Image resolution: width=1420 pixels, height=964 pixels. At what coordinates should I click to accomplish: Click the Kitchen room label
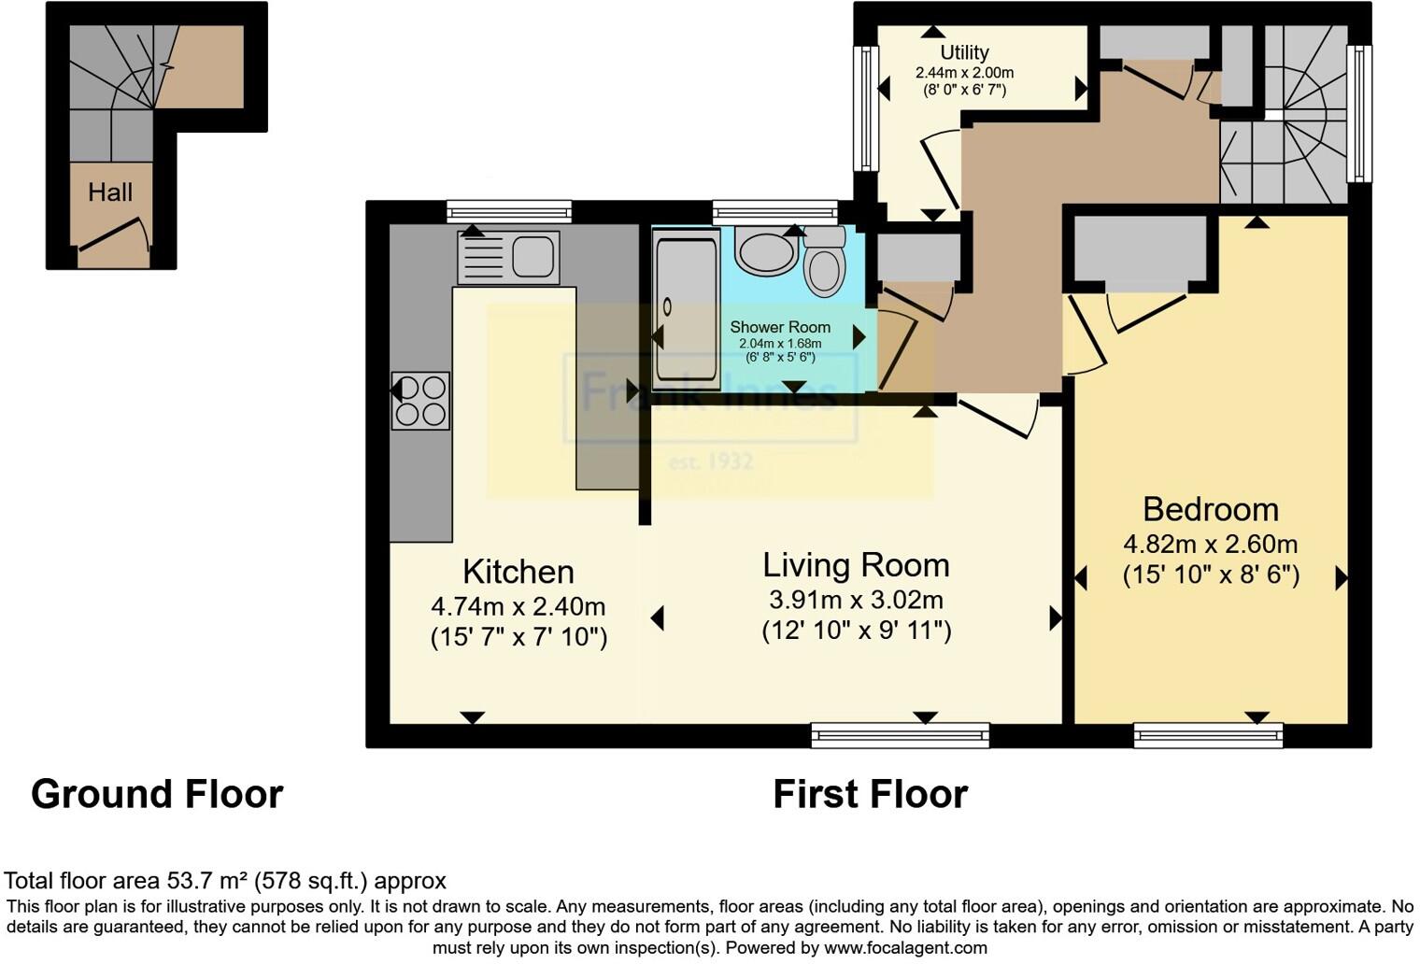click(518, 572)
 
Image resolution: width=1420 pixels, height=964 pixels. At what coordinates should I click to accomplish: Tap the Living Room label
click(856, 565)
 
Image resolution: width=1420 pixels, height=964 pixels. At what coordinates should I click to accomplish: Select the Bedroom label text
click(1211, 509)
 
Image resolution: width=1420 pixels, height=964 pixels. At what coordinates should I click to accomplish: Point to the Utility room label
click(964, 52)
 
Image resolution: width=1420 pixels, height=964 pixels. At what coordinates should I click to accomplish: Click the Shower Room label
click(780, 327)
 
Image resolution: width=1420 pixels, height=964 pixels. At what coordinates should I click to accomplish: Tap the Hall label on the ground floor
click(110, 192)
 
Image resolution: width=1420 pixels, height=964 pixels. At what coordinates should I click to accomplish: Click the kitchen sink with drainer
click(508, 257)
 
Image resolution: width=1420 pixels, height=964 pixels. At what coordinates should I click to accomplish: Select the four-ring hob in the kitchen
click(420, 401)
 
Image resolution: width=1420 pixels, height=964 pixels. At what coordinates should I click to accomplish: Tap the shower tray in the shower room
click(687, 309)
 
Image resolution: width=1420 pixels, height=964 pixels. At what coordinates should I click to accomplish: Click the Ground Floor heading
click(157, 794)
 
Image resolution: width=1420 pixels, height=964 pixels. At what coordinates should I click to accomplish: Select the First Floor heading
click(870, 794)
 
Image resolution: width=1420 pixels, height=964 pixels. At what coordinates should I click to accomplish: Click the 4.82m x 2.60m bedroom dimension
click(1211, 544)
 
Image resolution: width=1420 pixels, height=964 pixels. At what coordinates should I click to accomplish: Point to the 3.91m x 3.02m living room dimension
click(856, 599)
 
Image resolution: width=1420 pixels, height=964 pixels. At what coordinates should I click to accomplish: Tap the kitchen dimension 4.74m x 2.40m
click(518, 606)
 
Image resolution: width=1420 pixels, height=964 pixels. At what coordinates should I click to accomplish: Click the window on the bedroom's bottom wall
click(1208, 736)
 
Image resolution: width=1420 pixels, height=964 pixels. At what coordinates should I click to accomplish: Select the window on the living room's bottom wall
click(900, 736)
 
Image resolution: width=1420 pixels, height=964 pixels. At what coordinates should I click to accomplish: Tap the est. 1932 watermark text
click(711, 461)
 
